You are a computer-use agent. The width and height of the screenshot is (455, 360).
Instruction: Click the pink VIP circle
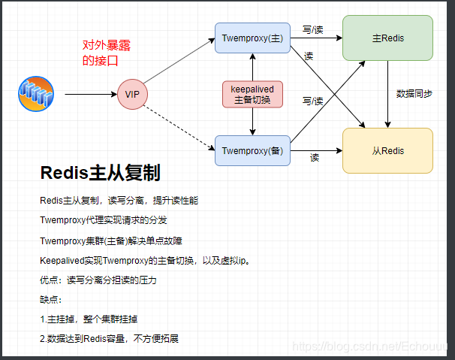click(133, 94)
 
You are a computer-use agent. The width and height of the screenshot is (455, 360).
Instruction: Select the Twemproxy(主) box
click(252, 38)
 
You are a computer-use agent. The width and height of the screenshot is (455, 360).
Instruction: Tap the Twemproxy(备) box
click(252, 150)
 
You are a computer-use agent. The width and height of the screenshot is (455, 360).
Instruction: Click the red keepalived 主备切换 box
click(252, 94)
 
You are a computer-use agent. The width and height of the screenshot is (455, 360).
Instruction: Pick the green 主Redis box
click(387, 38)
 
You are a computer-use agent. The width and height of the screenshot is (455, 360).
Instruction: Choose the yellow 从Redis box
click(387, 150)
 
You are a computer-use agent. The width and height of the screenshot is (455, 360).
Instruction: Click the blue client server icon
click(37, 94)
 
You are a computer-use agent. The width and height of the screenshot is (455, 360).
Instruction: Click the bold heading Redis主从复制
click(100, 174)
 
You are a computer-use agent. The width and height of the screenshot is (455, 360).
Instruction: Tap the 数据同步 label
click(414, 94)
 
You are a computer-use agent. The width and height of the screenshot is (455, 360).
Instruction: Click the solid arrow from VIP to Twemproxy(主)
click(180, 62)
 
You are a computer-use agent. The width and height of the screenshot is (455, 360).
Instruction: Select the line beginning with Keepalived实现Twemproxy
click(154, 260)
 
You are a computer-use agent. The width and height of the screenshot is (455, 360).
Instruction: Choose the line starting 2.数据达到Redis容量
click(109, 338)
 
